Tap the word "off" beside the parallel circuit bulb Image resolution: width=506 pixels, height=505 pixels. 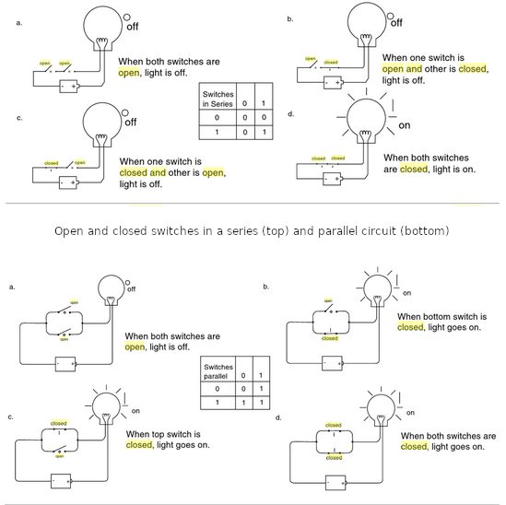pos(131,289)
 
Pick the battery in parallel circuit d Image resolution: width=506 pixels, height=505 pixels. pos(331,480)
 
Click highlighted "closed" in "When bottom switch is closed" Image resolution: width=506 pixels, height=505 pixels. pos(410,326)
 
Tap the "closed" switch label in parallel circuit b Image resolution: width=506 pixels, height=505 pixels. pos(329,338)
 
